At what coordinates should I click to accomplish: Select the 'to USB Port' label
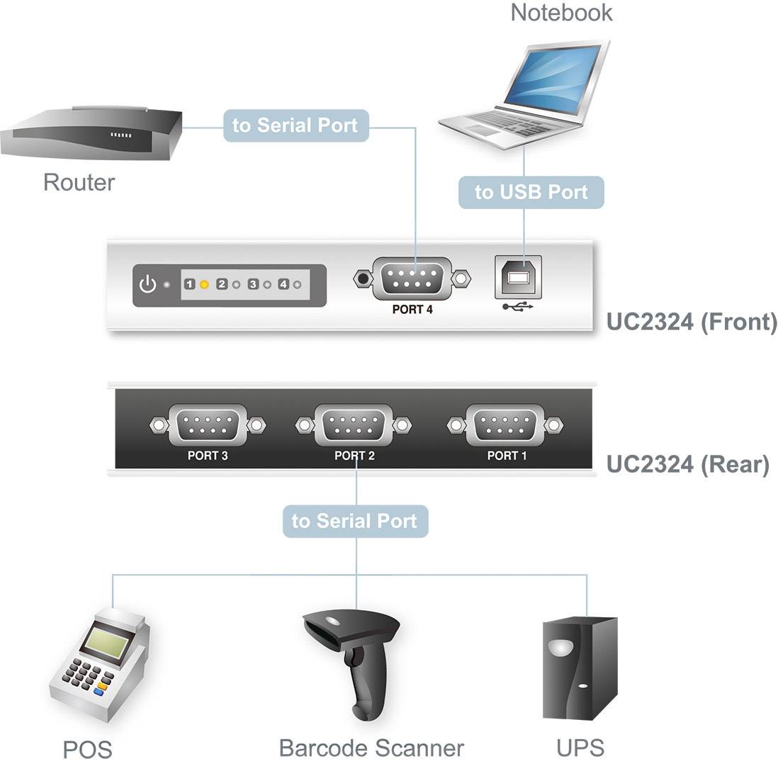(531, 192)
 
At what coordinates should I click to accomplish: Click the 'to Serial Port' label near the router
(295, 126)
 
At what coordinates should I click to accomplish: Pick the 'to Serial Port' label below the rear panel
(354, 521)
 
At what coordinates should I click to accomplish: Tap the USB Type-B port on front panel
(517, 276)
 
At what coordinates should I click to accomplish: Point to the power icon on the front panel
(147, 285)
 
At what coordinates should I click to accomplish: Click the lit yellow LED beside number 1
(204, 285)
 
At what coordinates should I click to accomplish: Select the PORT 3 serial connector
(208, 424)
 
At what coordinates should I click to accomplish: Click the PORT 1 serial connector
(507, 424)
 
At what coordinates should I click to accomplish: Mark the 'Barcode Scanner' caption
(371, 748)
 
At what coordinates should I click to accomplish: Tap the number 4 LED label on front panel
(283, 285)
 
